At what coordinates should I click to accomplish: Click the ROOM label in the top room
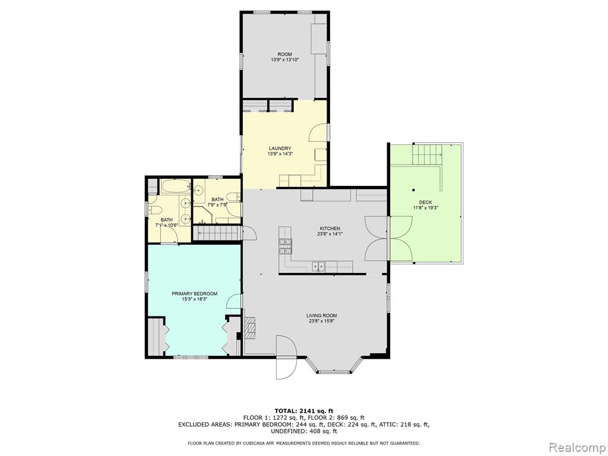point(284,54)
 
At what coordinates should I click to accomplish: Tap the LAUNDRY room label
point(280,148)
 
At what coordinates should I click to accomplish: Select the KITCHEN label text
point(330,229)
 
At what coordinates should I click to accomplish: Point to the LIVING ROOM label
point(321,316)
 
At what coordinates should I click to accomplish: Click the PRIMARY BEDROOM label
point(194,294)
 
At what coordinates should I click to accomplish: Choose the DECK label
point(425,202)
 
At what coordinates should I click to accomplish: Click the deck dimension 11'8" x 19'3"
point(425,207)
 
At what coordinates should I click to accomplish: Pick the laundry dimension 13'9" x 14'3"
point(280,154)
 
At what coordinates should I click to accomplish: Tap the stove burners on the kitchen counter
point(285,246)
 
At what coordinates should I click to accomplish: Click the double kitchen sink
point(319,267)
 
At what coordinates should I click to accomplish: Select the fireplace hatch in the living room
point(250,328)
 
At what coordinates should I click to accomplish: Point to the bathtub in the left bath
point(176,186)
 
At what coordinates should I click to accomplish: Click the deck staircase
point(427,154)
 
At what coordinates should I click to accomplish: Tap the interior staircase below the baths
point(217,233)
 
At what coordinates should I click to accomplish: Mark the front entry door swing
point(287,357)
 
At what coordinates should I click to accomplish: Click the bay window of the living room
point(334,366)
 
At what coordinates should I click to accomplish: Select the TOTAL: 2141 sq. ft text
point(304,411)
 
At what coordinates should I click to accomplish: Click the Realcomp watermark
point(577,447)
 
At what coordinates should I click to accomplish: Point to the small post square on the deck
point(414,190)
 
